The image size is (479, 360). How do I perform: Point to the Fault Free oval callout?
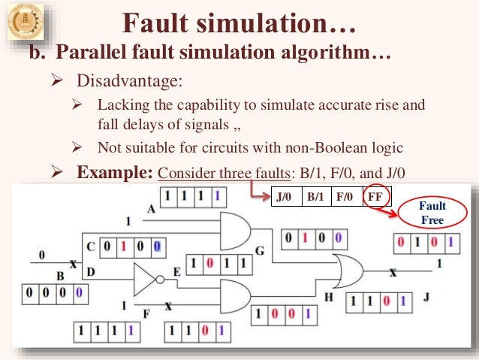pos(433,213)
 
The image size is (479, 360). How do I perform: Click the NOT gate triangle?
pos(146,280)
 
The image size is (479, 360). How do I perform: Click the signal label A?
pos(151,211)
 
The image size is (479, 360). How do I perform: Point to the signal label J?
pos(426,298)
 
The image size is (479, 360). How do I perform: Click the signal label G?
pos(261,250)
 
